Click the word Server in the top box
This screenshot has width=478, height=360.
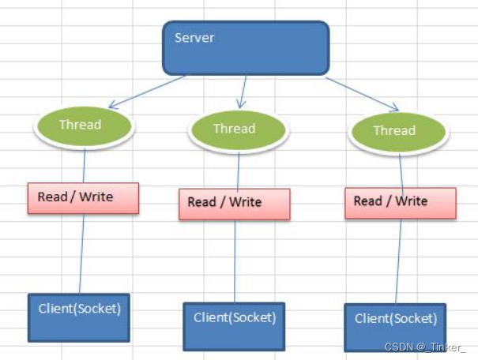pos(194,38)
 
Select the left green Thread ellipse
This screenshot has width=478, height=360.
pos(84,126)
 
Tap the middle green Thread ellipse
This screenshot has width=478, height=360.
pos(238,131)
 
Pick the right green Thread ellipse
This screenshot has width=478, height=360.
pos(398,133)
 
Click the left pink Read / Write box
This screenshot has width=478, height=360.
pos(83,198)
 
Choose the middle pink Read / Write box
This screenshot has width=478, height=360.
pos(235,204)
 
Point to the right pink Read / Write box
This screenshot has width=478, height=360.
pos(401,203)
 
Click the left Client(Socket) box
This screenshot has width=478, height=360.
pos(79,317)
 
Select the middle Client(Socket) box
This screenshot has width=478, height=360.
pos(234,327)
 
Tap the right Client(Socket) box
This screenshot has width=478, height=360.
pos(395,328)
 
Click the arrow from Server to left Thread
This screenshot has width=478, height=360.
pos(147,92)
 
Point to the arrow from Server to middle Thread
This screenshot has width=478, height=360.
pos(243,92)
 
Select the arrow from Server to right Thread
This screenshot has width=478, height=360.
pos(362,94)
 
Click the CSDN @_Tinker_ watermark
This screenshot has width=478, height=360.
pos(425,347)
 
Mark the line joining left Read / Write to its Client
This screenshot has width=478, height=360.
pos(81,253)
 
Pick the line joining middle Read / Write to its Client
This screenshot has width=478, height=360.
pos(235,261)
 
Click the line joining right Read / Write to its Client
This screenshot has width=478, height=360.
pos(398,261)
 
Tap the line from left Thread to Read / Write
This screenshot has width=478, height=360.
pos(84,166)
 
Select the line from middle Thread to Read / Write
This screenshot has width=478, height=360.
pos(238,171)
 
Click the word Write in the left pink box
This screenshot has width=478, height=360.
pos(96,197)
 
